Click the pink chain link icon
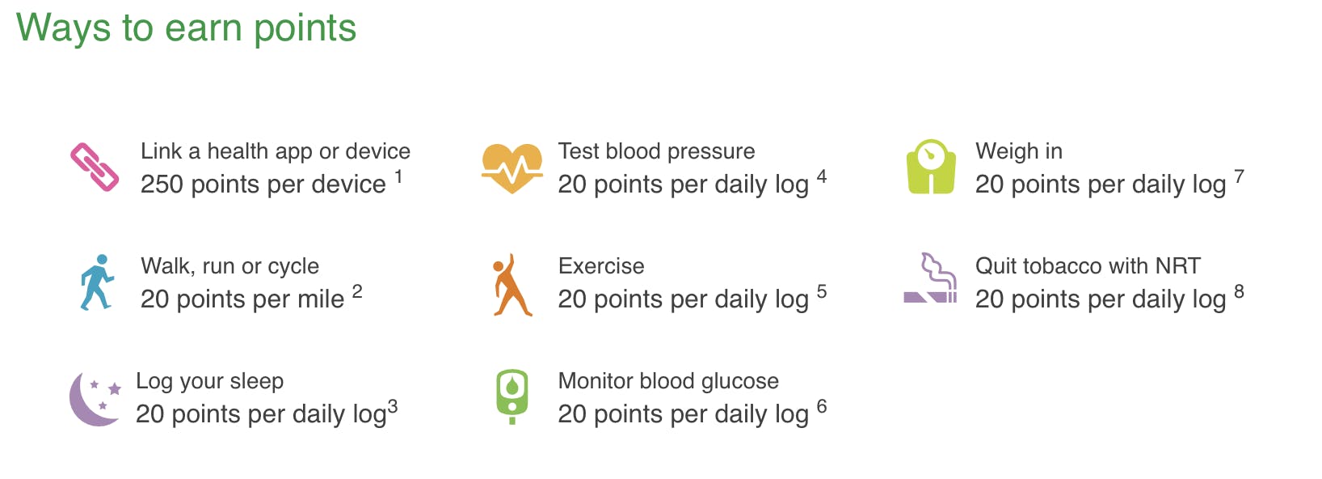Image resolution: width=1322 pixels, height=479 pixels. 95,167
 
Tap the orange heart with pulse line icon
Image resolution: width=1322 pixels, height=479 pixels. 512,168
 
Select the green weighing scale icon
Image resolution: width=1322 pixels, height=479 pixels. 931,167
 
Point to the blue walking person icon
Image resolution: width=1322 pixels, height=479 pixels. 97,282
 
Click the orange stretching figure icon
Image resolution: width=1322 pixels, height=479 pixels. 511,286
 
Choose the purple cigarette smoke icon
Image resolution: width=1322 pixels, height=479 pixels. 930,278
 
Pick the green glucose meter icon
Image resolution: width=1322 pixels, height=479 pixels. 512,396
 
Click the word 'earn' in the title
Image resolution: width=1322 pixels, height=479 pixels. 204,28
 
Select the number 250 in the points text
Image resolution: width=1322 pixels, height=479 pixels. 162,184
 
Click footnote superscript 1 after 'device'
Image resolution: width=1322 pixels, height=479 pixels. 399,176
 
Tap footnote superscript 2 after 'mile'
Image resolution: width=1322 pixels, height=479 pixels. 357,291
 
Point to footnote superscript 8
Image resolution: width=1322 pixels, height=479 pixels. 1239,291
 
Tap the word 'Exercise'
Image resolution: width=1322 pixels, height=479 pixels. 601,265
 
